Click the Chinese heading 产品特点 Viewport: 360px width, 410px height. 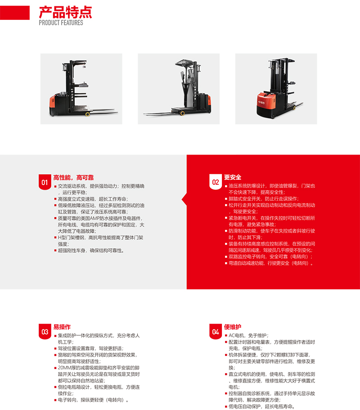pyautogui.click(x=65, y=12)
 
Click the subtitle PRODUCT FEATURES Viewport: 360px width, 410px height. pyautogui.click(x=61, y=23)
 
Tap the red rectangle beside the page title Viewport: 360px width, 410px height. pyautogui.click(x=15, y=13)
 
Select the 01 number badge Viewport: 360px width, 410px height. pyautogui.click(x=45, y=182)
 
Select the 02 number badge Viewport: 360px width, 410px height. pyautogui.click(x=216, y=182)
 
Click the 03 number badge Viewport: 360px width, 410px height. pyautogui.click(x=45, y=332)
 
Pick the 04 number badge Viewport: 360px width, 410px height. pyautogui.click(x=216, y=332)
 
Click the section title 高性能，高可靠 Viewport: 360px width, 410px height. pyautogui.click(x=73, y=178)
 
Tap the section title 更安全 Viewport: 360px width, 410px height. pyautogui.click(x=233, y=177)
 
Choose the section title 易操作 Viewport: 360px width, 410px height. pyautogui.click(x=62, y=327)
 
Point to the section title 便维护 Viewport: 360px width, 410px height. pyautogui.click(x=233, y=327)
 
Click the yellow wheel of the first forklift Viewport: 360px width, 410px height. pyautogui.click(x=87, y=114)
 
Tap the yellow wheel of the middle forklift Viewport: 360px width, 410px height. pyautogui.click(x=182, y=113)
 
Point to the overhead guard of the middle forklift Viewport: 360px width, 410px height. pyautogui.click(x=185, y=63)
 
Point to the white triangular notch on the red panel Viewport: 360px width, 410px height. pyautogui.click(x=184, y=200)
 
